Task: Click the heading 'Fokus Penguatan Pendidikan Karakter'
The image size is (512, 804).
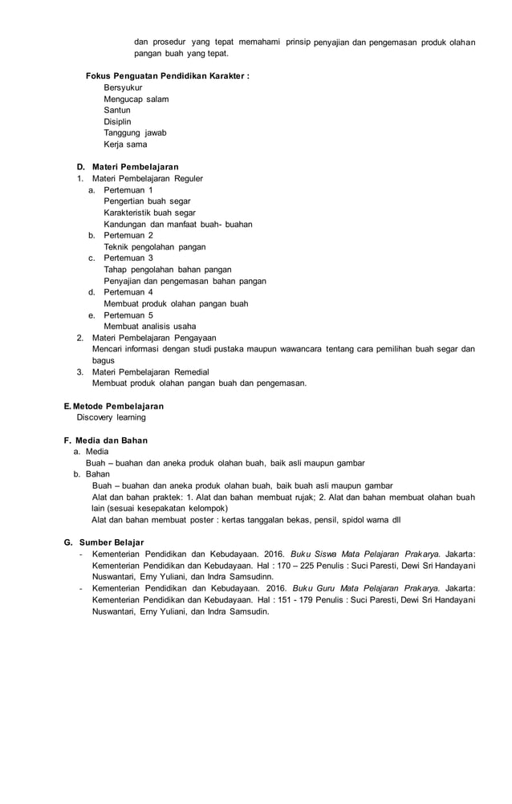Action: pyautogui.click(x=167, y=76)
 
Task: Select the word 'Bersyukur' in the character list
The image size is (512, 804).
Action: pyautogui.click(x=124, y=87)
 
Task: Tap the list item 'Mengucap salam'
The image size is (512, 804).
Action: pyautogui.click(x=136, y=99)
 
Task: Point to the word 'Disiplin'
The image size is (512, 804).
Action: pyautogui.click(x=117, y=122)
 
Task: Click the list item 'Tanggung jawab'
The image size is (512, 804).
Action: pyautogui.click(x=135, y=133)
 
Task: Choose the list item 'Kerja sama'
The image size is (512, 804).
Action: pyautogui.click(x=125, y=144)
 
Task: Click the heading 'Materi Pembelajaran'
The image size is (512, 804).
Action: pyautogui.click(x=135, y=167)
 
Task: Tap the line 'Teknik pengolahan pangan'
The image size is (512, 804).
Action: pyautogui.click(x=154, y=247)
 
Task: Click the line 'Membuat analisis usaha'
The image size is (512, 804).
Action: pyautogui.click(x=149, y=327)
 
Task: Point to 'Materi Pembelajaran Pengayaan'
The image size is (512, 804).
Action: pyautogui.click(x=154, y=338)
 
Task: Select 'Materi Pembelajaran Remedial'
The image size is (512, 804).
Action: pyautogui.click(x=151, y=372)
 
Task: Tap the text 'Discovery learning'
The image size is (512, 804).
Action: pyautogui.click(x=112, y=417)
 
